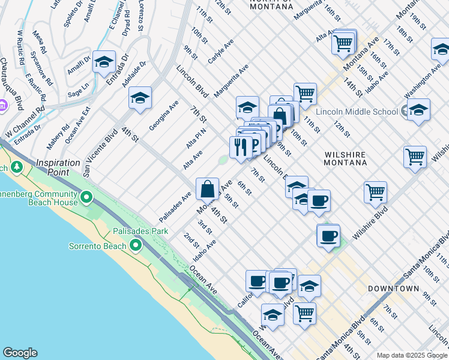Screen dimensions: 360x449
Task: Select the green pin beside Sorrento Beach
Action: click(136, 245)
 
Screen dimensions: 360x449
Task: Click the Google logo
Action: click(20, 353)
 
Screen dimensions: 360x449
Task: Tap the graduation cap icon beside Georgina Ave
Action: click(140, 98)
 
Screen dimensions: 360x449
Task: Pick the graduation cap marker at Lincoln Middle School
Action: click(418, 110)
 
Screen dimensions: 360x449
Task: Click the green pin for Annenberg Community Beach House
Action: click(86, 196)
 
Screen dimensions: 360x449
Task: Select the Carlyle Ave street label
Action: click(220, 52)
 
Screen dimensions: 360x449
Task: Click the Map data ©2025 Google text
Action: click(411, 355)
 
